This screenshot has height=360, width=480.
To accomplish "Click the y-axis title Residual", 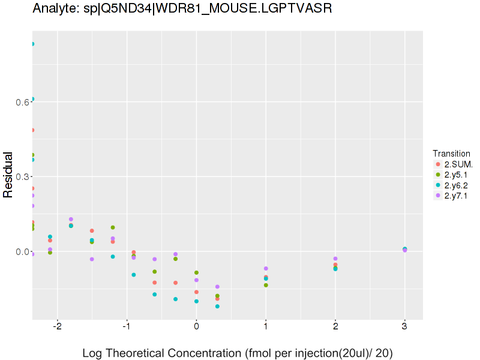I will [9, 175].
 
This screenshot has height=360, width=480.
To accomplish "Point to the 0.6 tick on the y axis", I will [22, 102].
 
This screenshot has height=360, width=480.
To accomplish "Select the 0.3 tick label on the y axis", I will [22, 176].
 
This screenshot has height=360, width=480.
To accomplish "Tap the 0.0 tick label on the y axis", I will [22, 251].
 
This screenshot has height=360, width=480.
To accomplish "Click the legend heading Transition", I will [451, 153].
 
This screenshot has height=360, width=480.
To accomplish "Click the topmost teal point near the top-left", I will [32, 44].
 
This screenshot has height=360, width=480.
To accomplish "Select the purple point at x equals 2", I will [335, 259].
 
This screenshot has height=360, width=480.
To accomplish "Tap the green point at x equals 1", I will [266, 285].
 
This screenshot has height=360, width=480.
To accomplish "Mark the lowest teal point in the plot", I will [217, 307].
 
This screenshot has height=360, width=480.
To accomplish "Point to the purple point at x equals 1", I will [266, 268].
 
